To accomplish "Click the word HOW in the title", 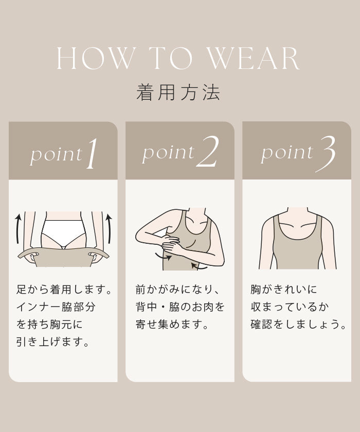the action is pyautogui.click(x=95, y=59).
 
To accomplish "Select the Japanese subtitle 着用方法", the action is pyautogui.click(x=178, y=92).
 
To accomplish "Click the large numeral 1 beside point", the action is pyautogui.click(x=92, y=153).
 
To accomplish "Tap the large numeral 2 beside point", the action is pyautogui.click(x=208, y=152).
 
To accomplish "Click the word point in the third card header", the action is pyautogui.click(x=287, y=153).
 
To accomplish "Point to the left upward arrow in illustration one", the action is pyautogui.click(x=18, y=228).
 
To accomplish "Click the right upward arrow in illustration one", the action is pyautogui.click(x=109, y=228).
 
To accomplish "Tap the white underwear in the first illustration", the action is pyautogui.click(x=64, y=232).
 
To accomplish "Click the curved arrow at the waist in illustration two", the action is pyautogui.click(x=200, y=266).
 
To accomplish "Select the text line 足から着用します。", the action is pyautogui.click(x=64, y=290).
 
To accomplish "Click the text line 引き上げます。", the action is pyautogui.click(x=53, y=342).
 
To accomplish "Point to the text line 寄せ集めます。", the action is pyautogui.click(x=172, y=325).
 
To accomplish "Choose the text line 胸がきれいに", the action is pyautogui.click(x=284, y=290).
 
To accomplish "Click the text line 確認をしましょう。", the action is pyautogui.click(x=299, y=325).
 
